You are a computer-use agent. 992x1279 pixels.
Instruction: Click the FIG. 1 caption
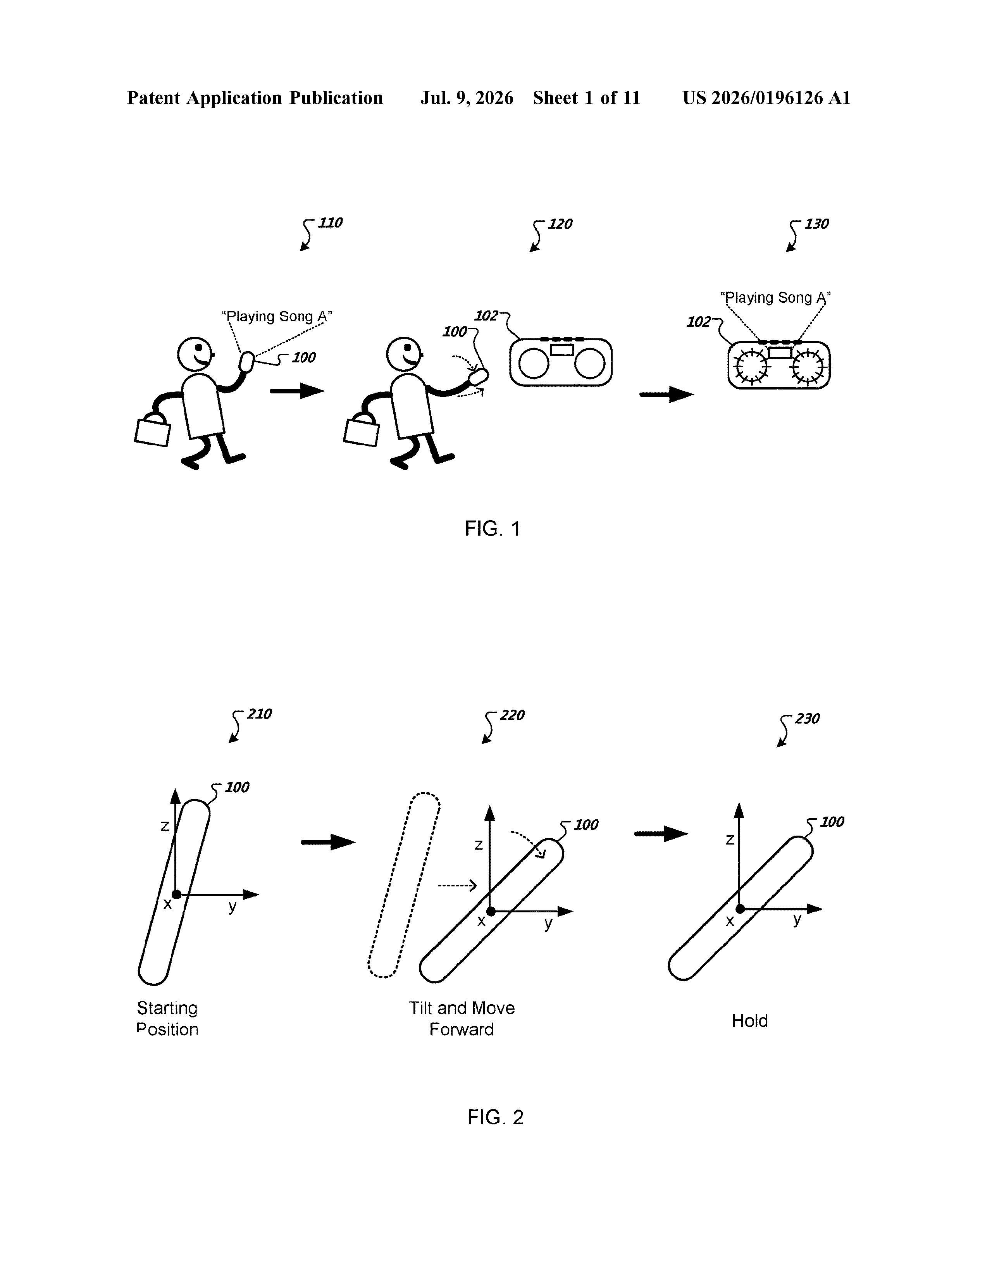pyautogui.click(x=493, y=529)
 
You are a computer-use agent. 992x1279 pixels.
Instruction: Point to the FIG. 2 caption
pyautogui.click(x=495, y=1117)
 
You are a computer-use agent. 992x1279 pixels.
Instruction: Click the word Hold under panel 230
pyautogui.click(x=749, y=1021)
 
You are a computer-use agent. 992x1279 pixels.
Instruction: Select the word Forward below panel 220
pyautogui.click(x=462, y=1029)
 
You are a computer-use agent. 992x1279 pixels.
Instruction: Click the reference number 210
pyautogui.click(x=259, y=714)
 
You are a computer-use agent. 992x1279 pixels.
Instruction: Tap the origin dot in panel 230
pyautogui.click(x=740, y=909)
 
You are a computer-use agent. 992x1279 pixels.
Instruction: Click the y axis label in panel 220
pyautogui.click(x=548, y=924)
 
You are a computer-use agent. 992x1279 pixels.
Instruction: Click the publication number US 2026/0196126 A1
pyautogui.click(x=766, y=98)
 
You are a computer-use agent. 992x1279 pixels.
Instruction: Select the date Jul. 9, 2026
pyautogui.click(x=467, y=98)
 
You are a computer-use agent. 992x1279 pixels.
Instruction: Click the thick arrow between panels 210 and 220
pyautogui.click(x=328, y=842)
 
